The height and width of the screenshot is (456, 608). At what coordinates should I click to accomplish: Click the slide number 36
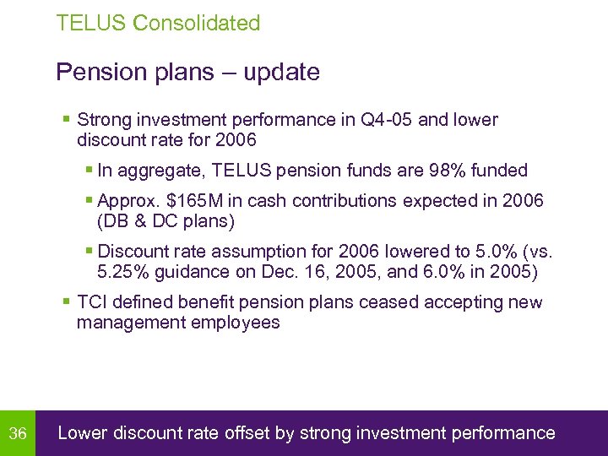click(x=18, y=434)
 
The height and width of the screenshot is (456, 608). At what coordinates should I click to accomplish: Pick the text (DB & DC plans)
click(x=166, y=222)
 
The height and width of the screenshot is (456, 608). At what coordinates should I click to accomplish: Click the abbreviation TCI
click(x=92, y=302)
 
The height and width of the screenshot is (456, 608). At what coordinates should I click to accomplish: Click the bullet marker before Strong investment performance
click(x=67, y=120)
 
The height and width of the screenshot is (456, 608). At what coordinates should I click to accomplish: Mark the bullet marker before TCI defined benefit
click(x=67, y=302)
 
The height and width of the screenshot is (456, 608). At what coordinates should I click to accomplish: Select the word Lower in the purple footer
click(x=81, y=434)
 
